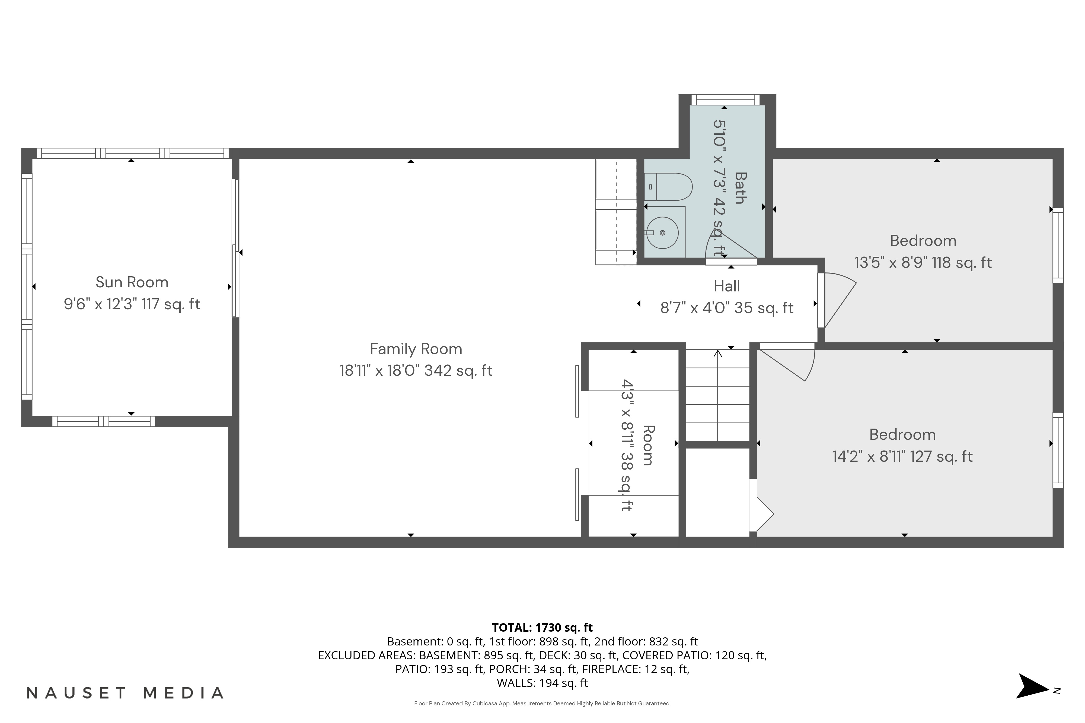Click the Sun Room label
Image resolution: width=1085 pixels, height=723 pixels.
tap(132, 282)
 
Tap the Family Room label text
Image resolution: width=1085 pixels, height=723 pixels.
tap(416, 349)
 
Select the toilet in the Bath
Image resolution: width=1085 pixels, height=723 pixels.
tap(668, 187)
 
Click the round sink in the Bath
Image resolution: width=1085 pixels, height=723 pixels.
tap(662, 233)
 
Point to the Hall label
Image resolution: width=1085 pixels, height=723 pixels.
tap(727, 286)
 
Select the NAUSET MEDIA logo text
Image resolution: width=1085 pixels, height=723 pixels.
tap(125, 693)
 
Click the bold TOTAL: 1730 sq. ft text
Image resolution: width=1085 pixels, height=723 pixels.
tap(542, 628)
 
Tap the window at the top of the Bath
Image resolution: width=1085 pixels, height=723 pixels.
tap(725, 99)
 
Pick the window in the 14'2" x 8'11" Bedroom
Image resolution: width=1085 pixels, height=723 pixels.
tap(1058, 450)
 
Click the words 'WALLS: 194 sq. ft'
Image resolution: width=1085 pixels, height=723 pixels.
tap(542, 683)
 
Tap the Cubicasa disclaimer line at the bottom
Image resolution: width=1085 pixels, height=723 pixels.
tap(542, 704)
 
